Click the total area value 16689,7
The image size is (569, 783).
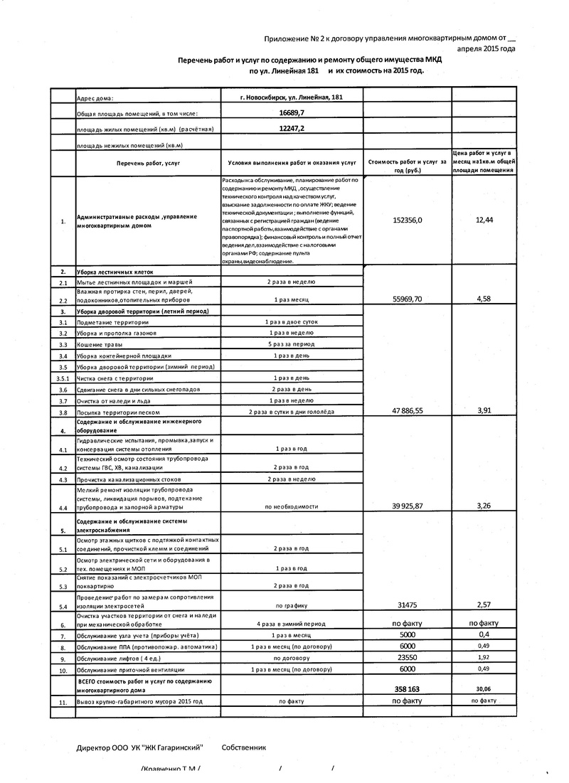click(292, 113)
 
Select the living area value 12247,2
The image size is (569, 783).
click(292, 129)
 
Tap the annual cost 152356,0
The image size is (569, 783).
click(407, 220)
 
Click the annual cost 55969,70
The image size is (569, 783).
click(407, 299)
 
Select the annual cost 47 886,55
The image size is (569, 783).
click(407, 412)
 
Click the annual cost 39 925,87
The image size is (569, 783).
click(407, 506)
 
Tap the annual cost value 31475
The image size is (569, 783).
click(408, 605)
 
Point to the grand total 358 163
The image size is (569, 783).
click(408, 689)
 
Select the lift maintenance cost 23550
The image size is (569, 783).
click(408, 658)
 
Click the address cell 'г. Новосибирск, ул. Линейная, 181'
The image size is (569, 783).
click(292, 97)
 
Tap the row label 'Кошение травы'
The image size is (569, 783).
click(100, 344)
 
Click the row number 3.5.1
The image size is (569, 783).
click(63, 378)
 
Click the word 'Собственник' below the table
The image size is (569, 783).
click(243, 748)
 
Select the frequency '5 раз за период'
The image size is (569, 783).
click(292, 344)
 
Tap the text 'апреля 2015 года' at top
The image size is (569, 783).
click(486, 49)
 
